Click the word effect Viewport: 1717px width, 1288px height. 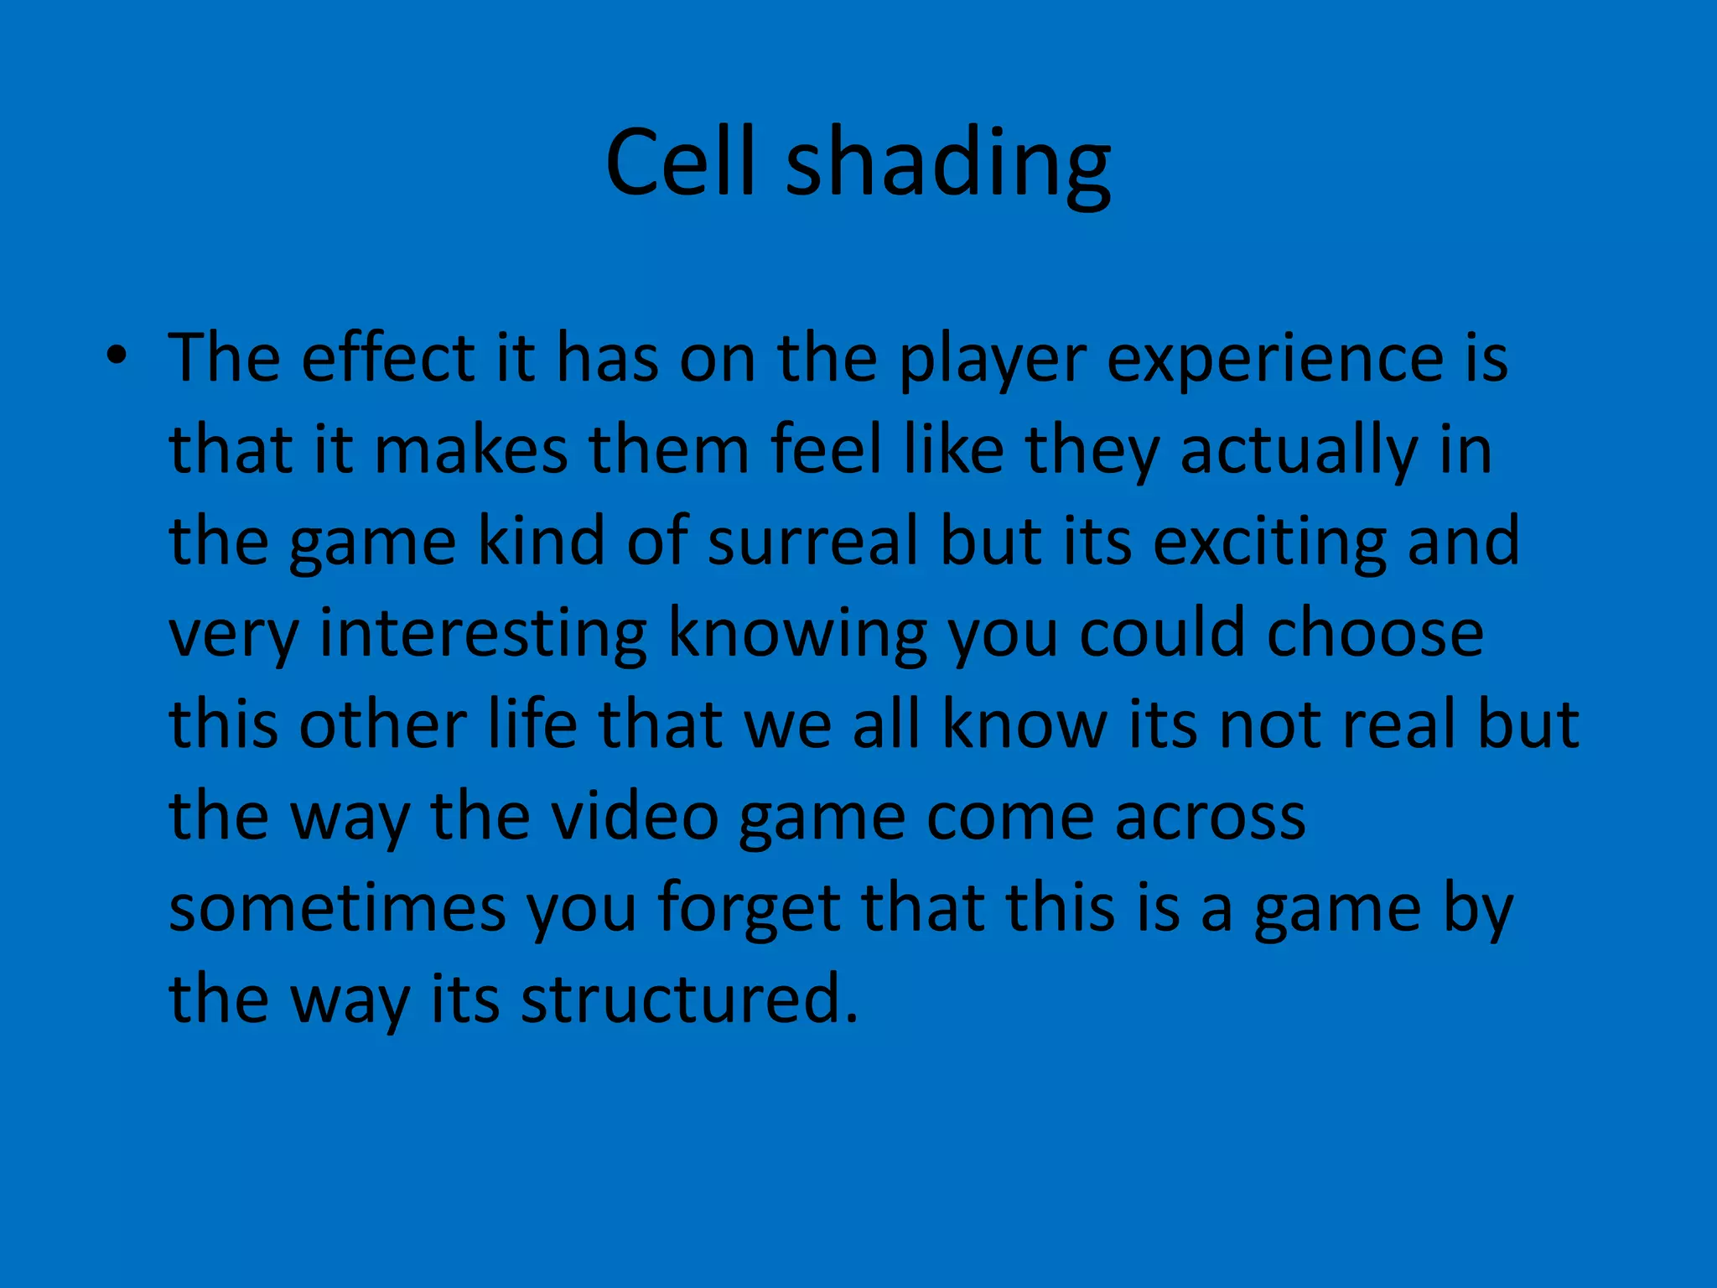[388, 357]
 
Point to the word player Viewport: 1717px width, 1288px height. [992, 361]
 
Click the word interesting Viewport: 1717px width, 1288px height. [484, 635]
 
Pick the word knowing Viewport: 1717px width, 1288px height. [797, 635]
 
